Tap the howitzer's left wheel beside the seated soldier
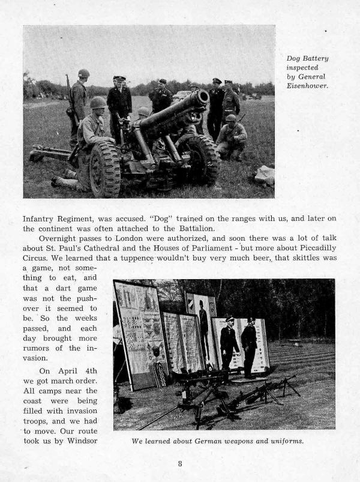[105, 169]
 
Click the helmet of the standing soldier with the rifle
[83, 73]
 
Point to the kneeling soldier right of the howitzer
[232, 136]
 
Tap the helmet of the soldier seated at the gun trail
[98, 103]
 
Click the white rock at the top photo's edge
[265, 175]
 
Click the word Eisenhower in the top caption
[305, 85]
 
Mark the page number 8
[180, 463]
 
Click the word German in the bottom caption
[211, 441]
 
